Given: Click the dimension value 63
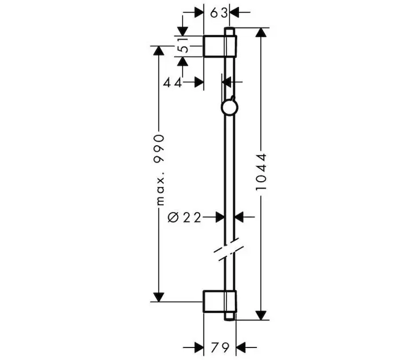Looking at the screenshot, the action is click(x=219, y=13).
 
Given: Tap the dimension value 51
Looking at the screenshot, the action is click(x=184, y=45).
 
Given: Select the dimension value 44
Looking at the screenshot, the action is click(x=173, y=83).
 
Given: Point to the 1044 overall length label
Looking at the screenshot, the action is click(x=261, y=172).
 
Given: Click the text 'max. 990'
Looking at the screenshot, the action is click(x=160, y=170).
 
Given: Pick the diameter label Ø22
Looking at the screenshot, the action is click(x=184, y=217).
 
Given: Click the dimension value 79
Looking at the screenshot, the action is click(x=220, y=347).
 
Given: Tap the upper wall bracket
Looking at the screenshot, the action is click(x=220, y=46).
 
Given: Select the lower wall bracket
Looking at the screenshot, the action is click(x=220, y=301).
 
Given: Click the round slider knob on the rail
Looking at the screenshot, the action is click(x=230, y=107).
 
